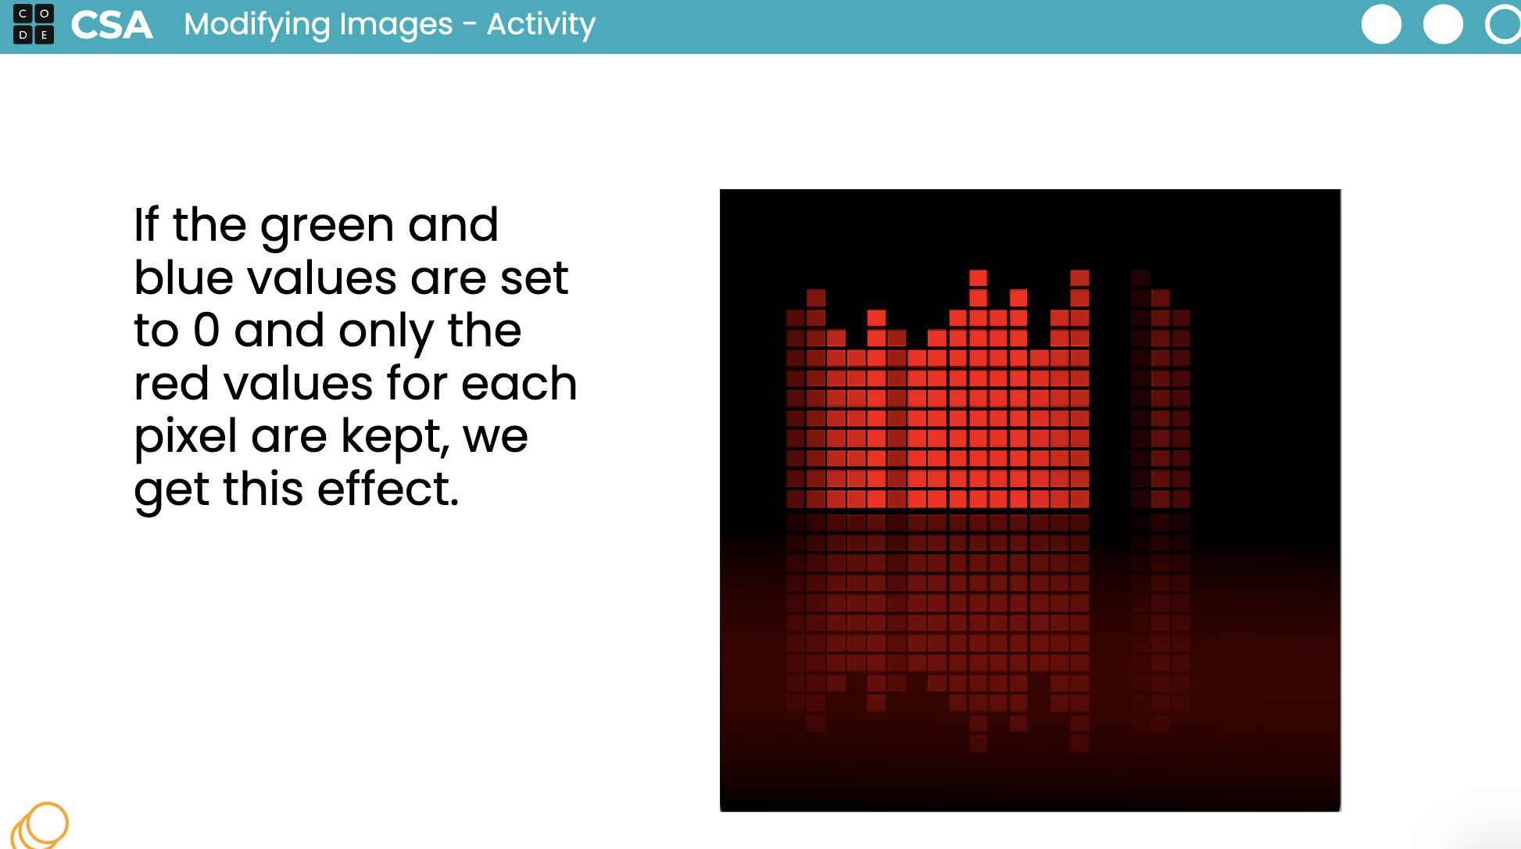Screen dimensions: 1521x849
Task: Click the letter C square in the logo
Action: pos(23,14)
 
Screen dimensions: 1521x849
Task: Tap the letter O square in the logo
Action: pos(45,14)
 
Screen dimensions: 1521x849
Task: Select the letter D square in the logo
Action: pos(23,34)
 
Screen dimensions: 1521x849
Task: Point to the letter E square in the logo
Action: pos(45,34)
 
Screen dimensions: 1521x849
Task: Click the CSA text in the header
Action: pos(112,25)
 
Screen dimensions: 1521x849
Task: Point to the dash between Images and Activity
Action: pos(470,25)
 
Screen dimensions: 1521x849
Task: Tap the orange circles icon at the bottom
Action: pos(40,826)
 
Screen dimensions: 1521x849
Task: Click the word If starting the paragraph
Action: pos(146,225)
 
